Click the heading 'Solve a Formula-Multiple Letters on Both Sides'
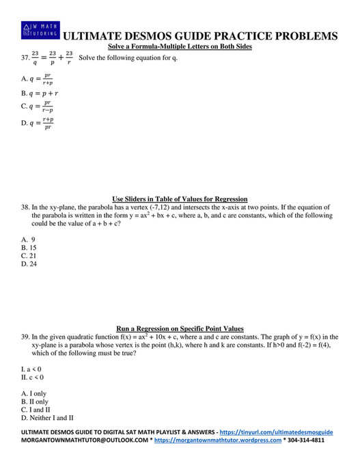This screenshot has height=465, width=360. [x=180, y=46]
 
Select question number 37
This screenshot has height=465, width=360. [x=26, y=58]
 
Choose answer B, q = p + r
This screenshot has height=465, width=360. [x=40, y=93]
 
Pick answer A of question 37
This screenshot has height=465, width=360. [x=40, y=79]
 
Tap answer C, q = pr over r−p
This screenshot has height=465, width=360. [x=40, y=107]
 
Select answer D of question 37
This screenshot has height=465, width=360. [x=40, y=123]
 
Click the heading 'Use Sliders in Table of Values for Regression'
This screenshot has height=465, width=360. [x=180, y=199]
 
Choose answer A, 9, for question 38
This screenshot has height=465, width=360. [x=28, y=239]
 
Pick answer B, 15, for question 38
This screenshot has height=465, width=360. [x=29, y=247]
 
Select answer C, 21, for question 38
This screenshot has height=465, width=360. [x=29, y=255]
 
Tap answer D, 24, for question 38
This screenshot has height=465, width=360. [x=29, y=264]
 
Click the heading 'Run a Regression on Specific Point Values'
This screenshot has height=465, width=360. [x=180, y=328]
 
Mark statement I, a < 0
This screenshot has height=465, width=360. [x=32, y=369]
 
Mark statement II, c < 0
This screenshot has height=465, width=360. [x=33, y=377]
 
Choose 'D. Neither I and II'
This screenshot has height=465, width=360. [x=47, y=417]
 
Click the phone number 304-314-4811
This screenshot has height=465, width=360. [x=306, y=440]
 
